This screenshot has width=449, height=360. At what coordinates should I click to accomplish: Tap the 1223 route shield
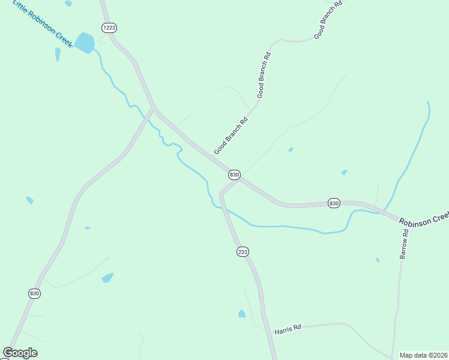(109, 28)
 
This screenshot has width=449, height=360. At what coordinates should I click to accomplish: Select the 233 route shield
(242, 252)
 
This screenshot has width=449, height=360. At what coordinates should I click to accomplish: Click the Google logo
(20, 352)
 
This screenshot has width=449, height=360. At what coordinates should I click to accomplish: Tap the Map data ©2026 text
(424, 355)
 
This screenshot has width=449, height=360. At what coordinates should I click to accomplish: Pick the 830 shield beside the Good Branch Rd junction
(234, 175)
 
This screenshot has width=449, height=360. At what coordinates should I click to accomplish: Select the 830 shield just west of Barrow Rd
(334, 203)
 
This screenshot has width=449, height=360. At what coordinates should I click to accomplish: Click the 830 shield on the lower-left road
(34, 293)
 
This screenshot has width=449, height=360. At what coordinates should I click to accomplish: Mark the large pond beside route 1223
(85, 43)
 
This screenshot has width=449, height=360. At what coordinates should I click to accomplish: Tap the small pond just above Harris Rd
(242, 313)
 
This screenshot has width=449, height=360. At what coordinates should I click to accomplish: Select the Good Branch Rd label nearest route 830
(231, 136)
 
